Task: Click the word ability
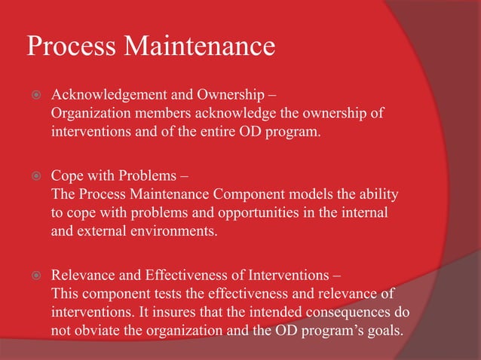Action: pos(377,194)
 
